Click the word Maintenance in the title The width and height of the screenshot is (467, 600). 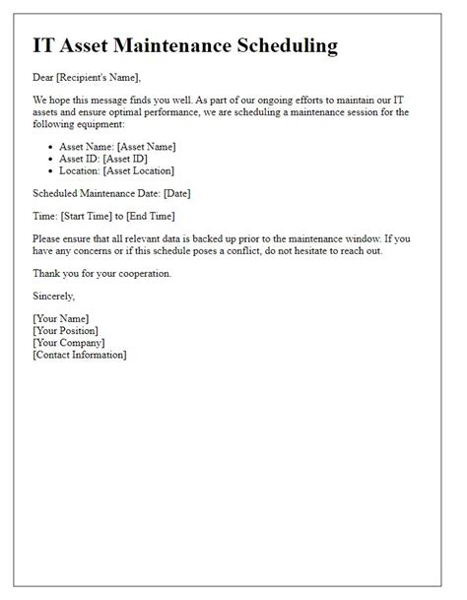tap(174, 45)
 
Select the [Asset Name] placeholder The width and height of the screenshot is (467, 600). tap(146, 147)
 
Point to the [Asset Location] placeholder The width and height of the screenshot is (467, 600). tap(149, 170)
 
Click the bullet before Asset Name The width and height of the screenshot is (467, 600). tap(50, 147)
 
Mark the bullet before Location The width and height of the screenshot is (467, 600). tap(50, 170)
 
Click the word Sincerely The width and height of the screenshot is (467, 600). tap(54, 296)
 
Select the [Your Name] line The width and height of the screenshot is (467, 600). tap(61, 318)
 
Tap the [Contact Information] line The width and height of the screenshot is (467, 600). tap(79, 354)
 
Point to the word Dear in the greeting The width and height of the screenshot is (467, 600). tap(43, 77)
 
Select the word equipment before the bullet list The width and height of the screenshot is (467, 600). tap(97, 124)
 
